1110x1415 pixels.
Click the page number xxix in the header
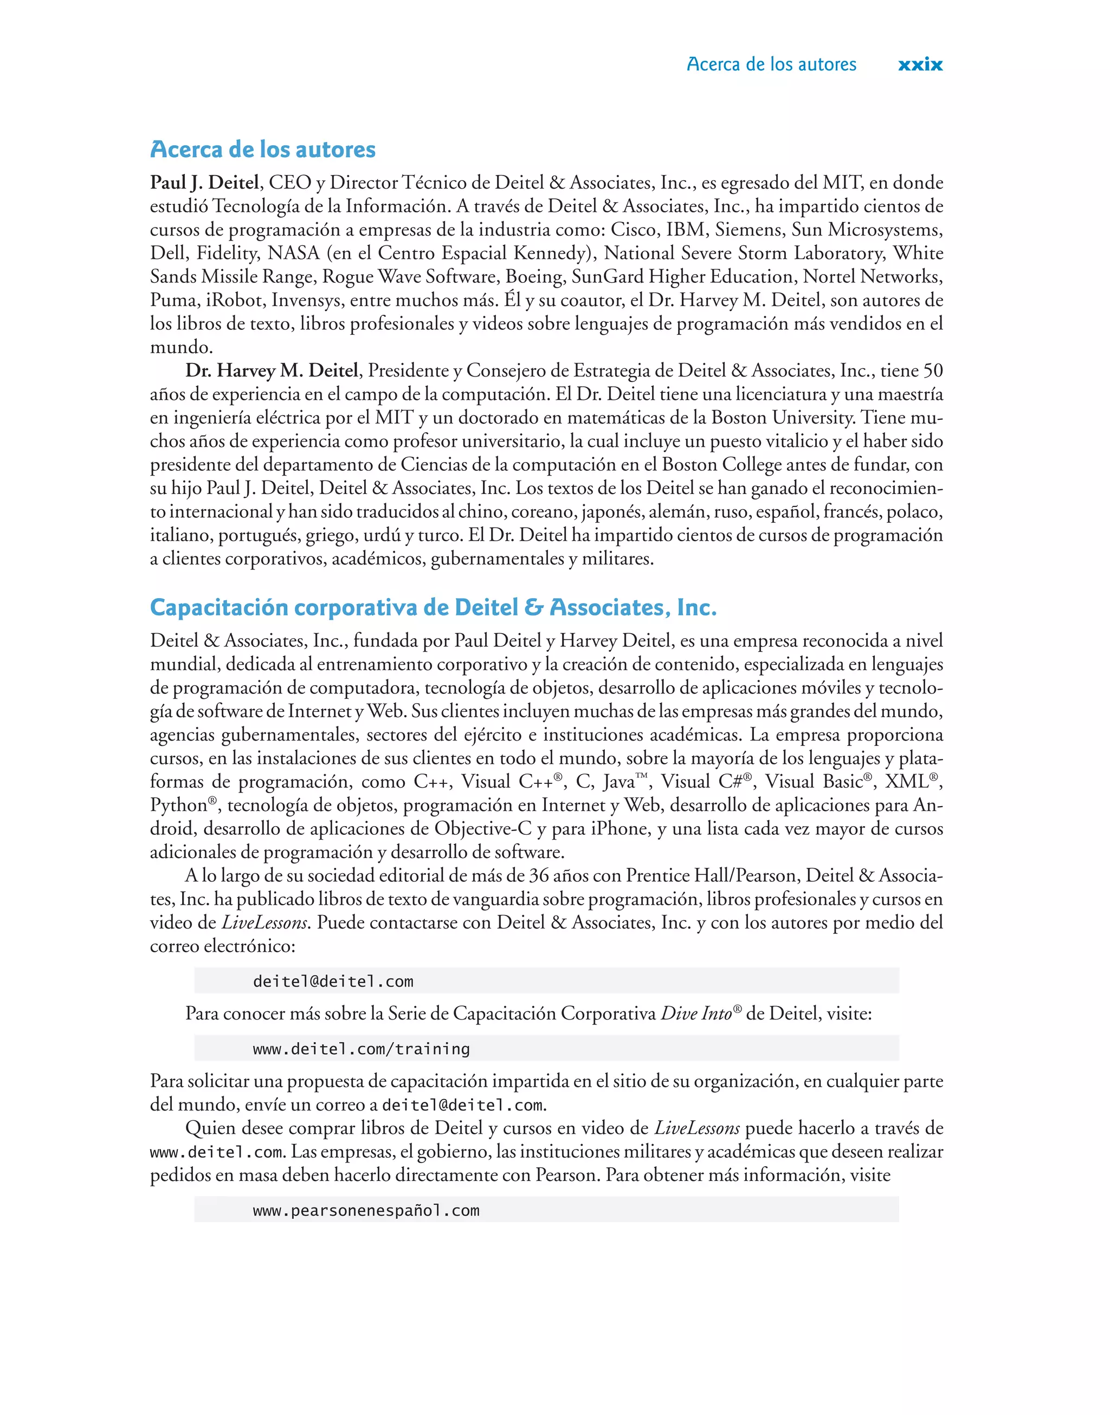coord(920,64)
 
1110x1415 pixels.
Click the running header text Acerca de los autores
coord(771,64)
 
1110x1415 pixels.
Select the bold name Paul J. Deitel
coord(205,183)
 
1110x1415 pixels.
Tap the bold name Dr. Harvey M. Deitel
coord(272,371)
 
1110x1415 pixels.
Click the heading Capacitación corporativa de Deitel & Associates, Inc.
coord(433,607)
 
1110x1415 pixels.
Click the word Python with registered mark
coord(179,805)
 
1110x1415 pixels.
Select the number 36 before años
coord(539,876)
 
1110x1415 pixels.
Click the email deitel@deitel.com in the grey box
coord(333,981)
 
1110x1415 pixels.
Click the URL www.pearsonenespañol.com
coord(366,1210)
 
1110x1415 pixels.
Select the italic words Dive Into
coord(695,1014)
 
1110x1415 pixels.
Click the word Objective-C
coord(482,829)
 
